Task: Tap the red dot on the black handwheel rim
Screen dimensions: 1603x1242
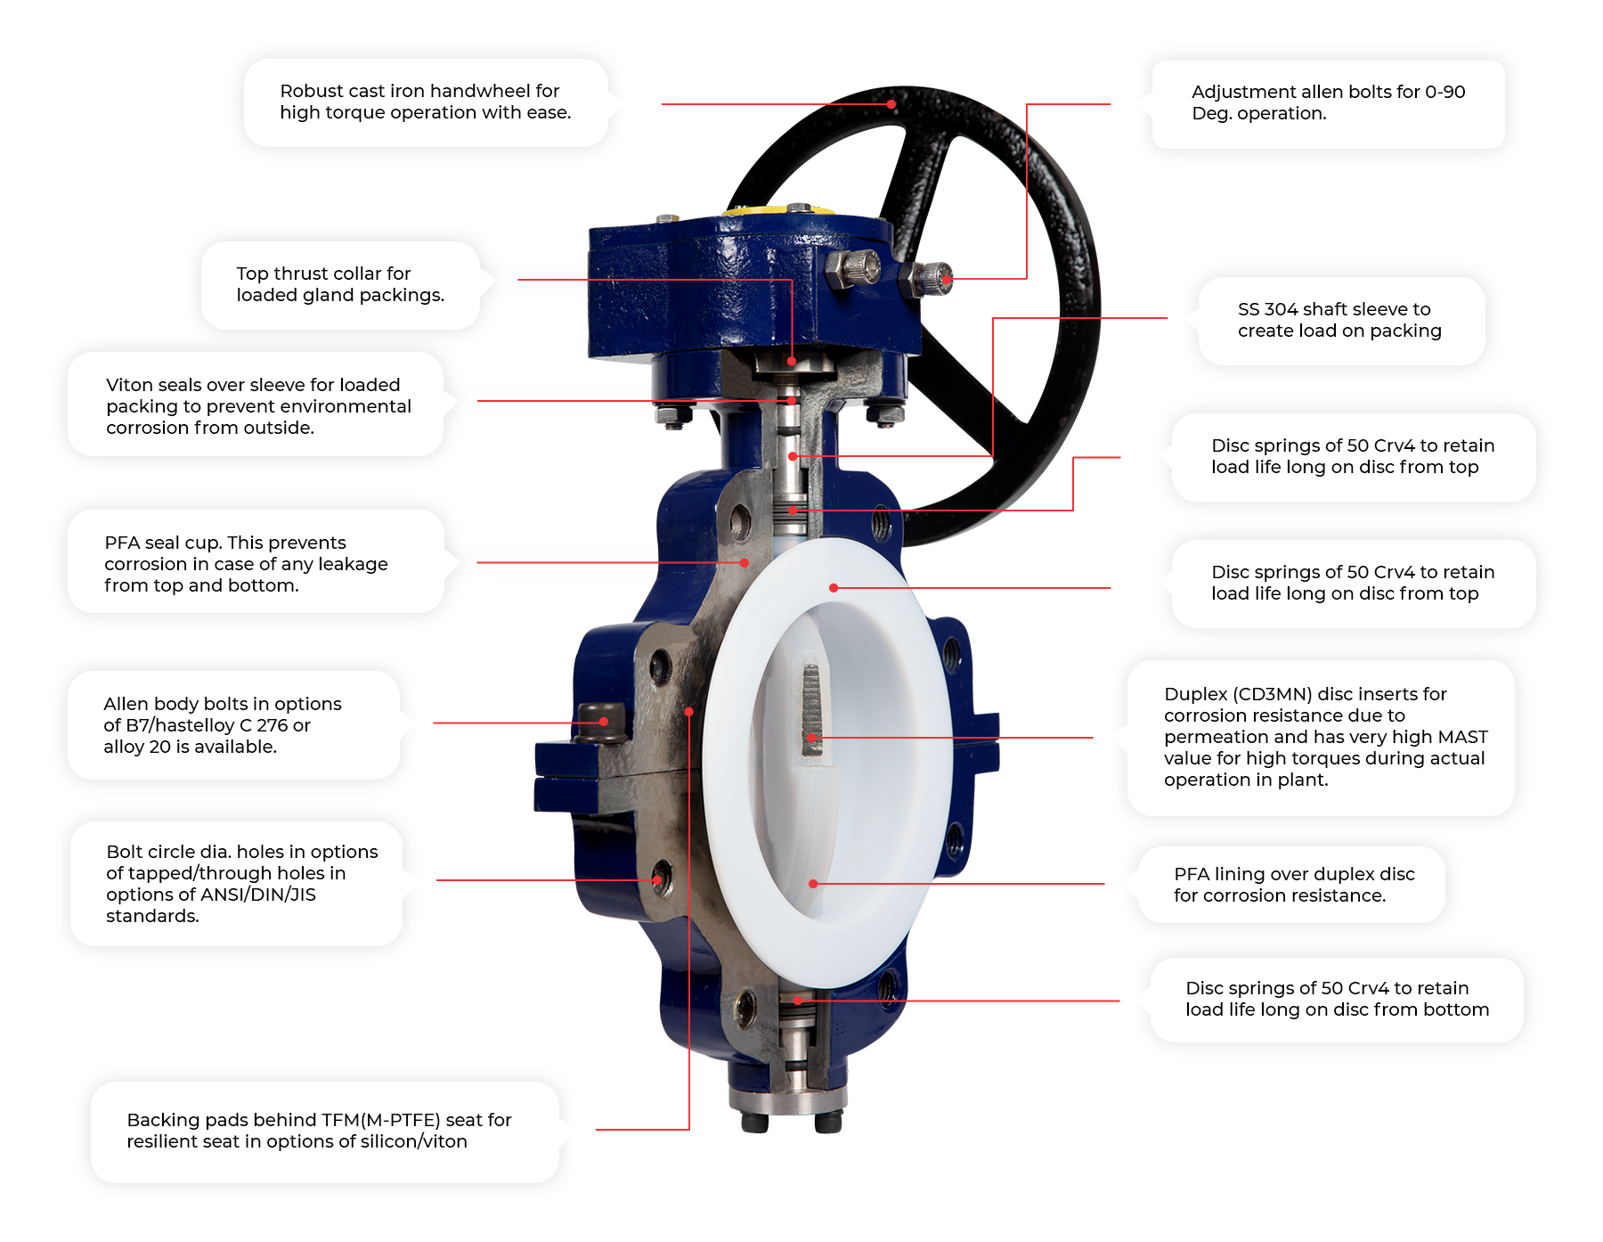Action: (x=891, y=104)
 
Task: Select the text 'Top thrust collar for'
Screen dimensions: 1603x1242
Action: (x=323, y=274)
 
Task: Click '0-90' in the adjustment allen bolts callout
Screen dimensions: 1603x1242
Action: (x=1445, y=92)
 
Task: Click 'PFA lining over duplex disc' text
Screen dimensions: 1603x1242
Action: (x=1294, y=874)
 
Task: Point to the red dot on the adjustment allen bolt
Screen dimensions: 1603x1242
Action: (x=948, y=280)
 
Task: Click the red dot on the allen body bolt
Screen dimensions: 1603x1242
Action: (x=604, y=722)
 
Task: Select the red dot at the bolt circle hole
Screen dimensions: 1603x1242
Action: (x=657, y=880)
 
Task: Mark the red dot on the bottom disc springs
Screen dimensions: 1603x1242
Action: (x=798, y=1001)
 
